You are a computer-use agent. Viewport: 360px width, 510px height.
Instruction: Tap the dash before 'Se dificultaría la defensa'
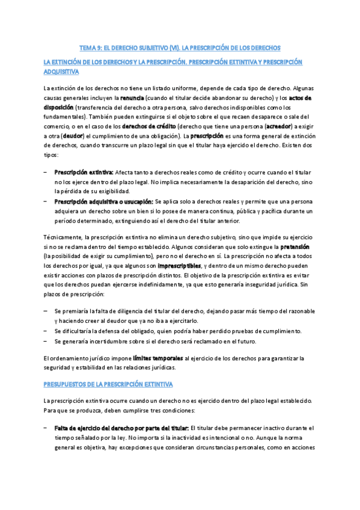tap(46, 331)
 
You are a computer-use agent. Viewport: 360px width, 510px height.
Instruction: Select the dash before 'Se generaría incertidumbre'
tap(46, 341)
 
